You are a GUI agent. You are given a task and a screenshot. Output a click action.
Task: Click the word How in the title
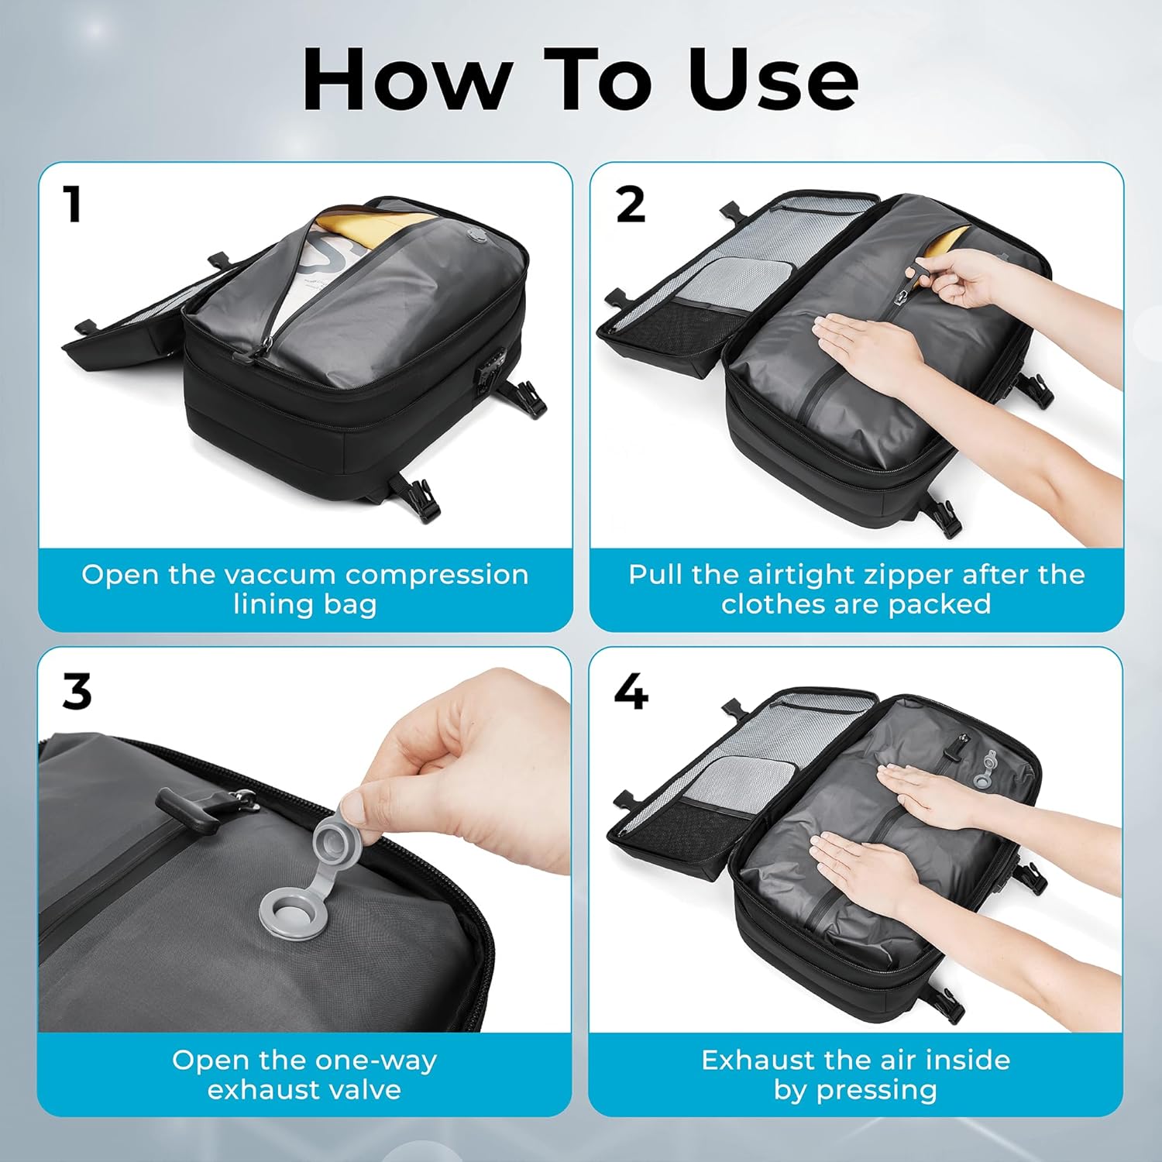tap(407, 79)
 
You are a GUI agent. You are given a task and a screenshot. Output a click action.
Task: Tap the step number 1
tap(73, 205)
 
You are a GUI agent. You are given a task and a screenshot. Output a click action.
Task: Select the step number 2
tap(631, 205)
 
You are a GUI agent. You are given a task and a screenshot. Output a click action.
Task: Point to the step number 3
tap(77, 691)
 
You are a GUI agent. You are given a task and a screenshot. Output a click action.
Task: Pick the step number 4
tap(631, 691)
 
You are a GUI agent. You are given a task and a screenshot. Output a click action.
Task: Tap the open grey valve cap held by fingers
tap(337, 836)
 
